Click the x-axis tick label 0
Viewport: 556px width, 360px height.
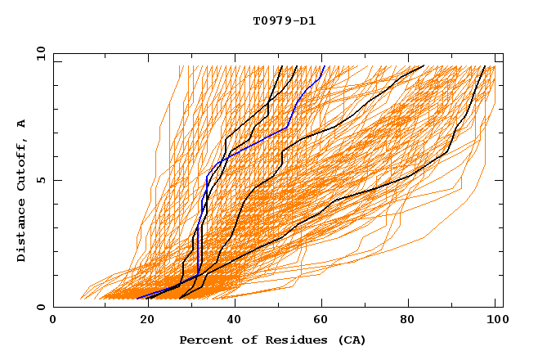pos(53,320)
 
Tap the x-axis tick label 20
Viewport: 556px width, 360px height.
pos(143,320)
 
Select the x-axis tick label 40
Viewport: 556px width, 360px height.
pos(234,320)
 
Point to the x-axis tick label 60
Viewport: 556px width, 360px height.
pos(324,320)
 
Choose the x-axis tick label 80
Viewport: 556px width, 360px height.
pos(414,320)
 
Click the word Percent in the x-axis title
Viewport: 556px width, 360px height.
pos(204,340)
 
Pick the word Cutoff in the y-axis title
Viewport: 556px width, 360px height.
pos(22,164)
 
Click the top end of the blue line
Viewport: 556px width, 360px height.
pos(324,66)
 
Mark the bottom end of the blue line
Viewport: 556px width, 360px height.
pos(137,298)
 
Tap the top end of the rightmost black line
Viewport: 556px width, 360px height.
pos(485,66)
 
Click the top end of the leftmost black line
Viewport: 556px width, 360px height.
pos(282,66)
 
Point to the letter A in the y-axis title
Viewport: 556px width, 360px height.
pos(22,123)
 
